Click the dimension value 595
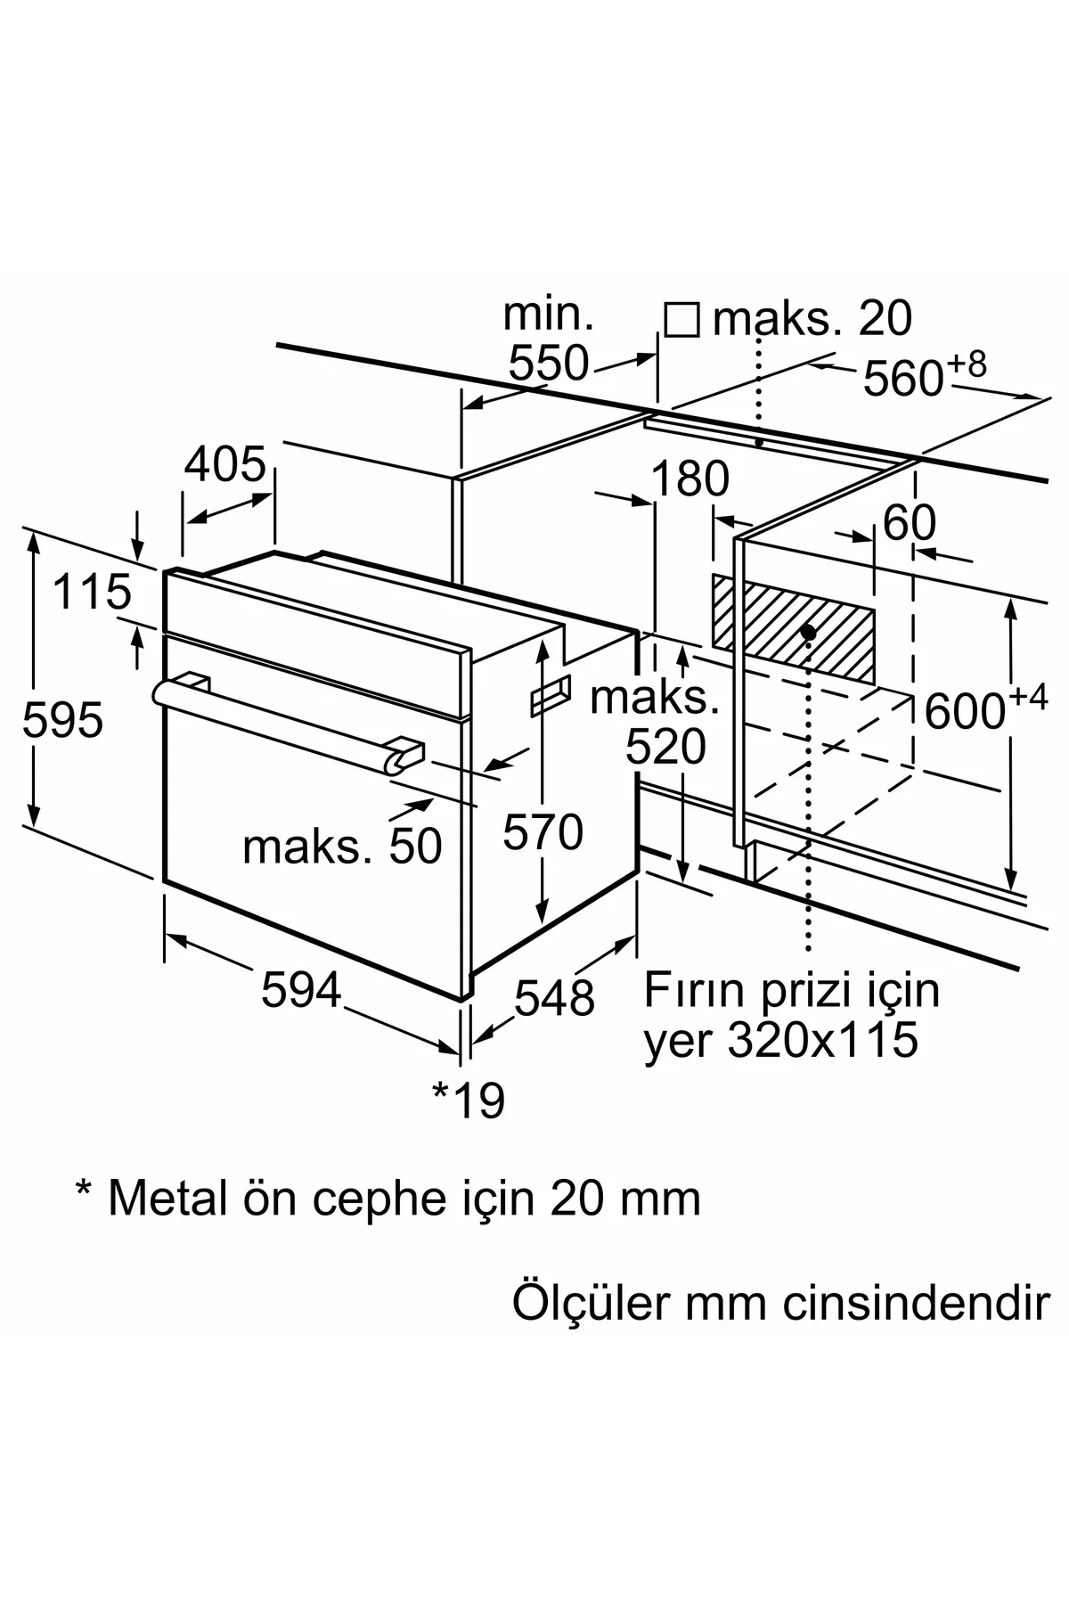[x=62, y=720]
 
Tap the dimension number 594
[x=301, y=990]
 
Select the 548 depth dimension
[x=554, y=997]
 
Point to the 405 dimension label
[x=225, y=464]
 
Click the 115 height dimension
[x=92, y=593]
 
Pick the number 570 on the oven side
[x=543, y=832]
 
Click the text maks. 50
[x=342, y=847]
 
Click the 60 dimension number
[x=910, y=523]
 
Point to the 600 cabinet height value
[x=965, y=711]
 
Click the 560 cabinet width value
[x=902, y=380]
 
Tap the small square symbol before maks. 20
[x=681, y=319]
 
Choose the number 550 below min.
[x=549, y=363]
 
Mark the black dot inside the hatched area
[x=808, y=632]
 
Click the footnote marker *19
[x=469, y=1100]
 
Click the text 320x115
[x=822, y=1039]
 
